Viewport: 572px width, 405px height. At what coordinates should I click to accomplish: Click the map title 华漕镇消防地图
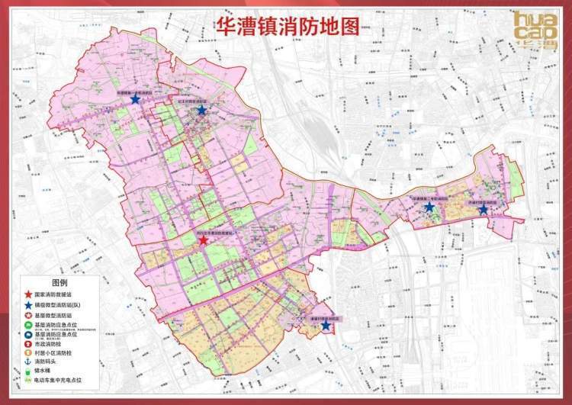[x=286, y=25]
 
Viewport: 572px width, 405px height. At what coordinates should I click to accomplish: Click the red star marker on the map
[x=203, y=239]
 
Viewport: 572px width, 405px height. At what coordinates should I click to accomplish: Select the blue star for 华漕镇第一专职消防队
[x=135, y=98]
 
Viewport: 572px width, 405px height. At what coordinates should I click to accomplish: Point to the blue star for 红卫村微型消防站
[x=201, y=110]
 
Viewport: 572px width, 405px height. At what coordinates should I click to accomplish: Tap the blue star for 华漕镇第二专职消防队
[x=429, y=207]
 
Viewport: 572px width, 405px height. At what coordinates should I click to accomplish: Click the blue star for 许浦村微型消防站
[x=483, y=209]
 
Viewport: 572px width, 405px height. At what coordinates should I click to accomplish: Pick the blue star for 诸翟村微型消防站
[x=326, y=326]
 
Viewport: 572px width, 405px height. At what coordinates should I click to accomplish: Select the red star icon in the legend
[x=27, y=294]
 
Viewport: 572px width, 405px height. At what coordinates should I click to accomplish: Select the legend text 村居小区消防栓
[x=53, y=353]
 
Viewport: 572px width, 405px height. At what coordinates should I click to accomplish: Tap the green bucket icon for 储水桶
[x=27, y=372]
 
